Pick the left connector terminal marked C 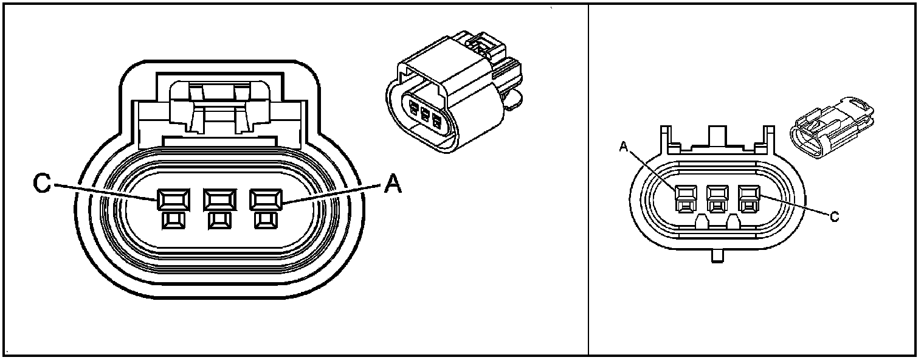171,199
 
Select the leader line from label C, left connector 103,192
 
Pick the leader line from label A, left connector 328,193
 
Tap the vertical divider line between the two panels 588,182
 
